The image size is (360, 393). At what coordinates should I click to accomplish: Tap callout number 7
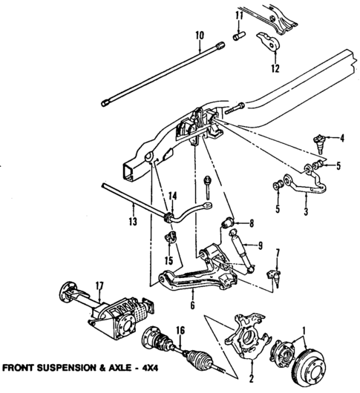coord(277,254)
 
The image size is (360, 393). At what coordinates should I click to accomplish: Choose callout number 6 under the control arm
coord(192,304)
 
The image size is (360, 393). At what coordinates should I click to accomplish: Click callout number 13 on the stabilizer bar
coord(133,220)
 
